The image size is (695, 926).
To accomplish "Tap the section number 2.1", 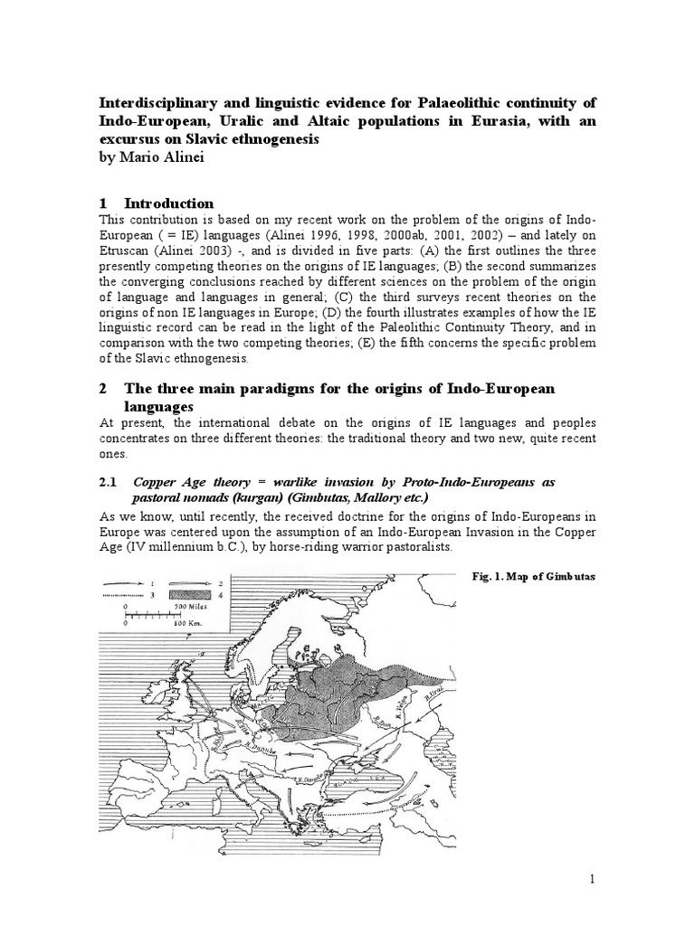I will tap(109, 483).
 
